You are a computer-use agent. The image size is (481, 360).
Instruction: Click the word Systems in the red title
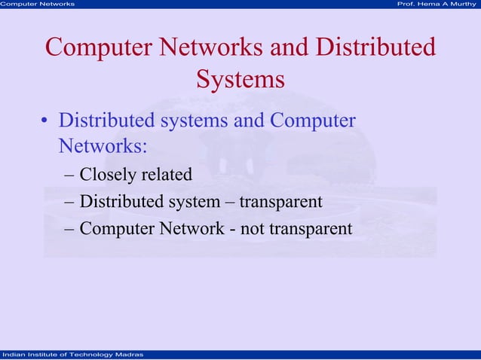[240, 78]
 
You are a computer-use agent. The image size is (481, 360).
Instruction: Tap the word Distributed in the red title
[376, 47]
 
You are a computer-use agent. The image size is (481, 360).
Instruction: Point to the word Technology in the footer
[78, 355]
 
